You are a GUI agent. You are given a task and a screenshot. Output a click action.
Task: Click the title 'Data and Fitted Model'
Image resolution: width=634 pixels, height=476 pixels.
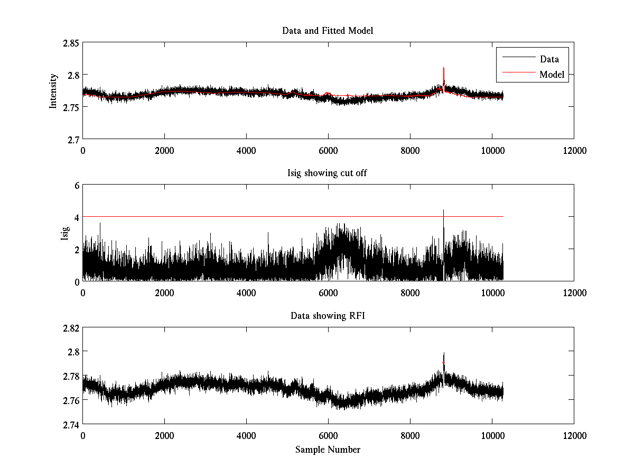point(328,31)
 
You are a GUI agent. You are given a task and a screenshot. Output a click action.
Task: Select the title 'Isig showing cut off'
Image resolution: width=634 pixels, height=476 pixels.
point(328,173)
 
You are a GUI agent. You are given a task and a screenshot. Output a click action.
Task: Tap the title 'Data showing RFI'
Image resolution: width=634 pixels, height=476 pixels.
point(328,316)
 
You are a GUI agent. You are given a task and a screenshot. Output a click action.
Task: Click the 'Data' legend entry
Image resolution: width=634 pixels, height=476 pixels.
point(549,59)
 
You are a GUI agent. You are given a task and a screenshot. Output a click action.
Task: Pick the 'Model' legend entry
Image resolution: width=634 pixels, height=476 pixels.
point(552,75)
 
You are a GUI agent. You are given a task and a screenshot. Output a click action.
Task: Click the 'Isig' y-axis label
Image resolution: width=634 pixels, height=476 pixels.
point(65,233)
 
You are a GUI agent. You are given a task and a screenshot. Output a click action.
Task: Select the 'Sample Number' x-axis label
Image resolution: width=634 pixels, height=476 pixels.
point(328,450)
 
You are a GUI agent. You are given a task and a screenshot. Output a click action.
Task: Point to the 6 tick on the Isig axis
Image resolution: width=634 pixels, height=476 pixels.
point(76,185)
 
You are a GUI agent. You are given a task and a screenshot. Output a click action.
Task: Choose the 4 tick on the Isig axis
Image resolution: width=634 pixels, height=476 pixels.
point(76,217)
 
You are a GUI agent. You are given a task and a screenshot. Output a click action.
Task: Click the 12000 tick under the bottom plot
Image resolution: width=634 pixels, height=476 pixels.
point(574,435)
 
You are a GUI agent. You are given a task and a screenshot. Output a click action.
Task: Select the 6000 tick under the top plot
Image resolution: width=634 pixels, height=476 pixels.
point(328,150)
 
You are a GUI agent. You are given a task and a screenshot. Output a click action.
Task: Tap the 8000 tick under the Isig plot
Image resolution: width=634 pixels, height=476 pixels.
point(410,292)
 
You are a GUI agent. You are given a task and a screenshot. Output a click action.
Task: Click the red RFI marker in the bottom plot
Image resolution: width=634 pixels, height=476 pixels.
point(444,362)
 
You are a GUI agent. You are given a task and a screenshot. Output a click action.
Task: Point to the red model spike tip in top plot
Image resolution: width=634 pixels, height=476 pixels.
point(444,68)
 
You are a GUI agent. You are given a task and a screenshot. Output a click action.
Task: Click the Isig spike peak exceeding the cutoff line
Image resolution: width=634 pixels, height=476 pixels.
point(444,210)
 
